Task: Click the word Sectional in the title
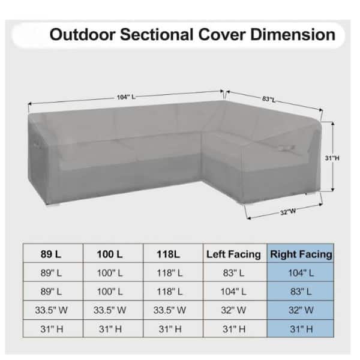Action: pos(157,35)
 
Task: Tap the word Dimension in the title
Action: pos(293,35)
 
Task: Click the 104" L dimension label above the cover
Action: pos(126,97)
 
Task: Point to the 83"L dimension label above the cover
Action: pos(269,99)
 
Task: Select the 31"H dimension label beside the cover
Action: pos(332,158)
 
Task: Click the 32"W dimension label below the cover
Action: pos(288,212)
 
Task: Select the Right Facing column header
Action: pos(301,254)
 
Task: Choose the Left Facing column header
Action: pos(233,254)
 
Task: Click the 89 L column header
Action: pos(51,254)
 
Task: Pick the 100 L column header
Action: pos(110,254)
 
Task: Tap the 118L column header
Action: pos(168,254)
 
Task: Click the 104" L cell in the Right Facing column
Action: pos(301,273)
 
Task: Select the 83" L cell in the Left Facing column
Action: pos(233,273)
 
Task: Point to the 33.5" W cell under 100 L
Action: pos(110,310)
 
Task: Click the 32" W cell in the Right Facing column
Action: pos(301,310)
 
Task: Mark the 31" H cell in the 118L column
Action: pos(170,329)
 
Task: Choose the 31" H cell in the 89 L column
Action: pos(52,329)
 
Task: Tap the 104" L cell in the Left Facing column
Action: pos(233,292)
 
